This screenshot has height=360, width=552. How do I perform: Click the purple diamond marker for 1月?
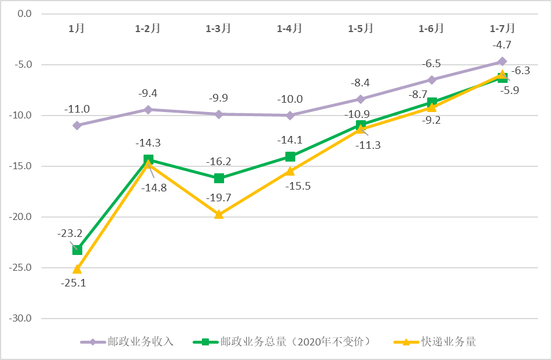(x=77, y=125)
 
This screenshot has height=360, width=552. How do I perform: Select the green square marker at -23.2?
(x=77, y=250)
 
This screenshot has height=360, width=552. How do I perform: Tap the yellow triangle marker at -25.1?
(x=77, y=269)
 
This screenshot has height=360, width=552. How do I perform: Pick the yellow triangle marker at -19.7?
(x=219, y=214)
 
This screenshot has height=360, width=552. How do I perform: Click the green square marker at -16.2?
(x=219, y=178)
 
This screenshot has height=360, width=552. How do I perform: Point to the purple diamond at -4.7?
(x=502, y=61)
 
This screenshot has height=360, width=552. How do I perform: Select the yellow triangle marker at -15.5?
(x=290, y=171)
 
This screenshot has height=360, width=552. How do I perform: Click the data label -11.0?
(x=77, y=109)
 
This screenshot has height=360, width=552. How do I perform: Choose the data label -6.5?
(x=432, y=64)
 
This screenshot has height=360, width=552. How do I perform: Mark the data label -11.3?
(x=368, y=145)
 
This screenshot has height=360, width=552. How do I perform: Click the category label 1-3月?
(x=219, y=28)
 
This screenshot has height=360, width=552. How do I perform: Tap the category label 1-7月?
(x=502, y=28)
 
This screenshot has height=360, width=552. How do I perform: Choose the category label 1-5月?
(x=361, y=28)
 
